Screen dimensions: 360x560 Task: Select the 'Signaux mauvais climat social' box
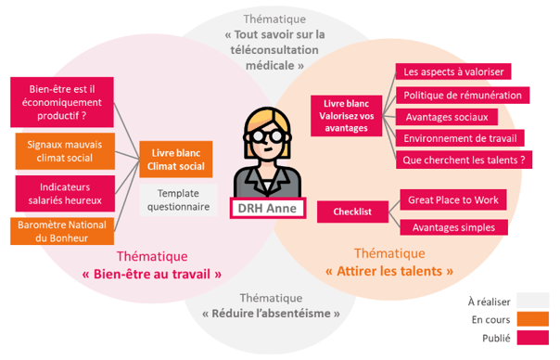pos(65,151)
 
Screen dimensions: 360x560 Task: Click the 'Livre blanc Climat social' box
pos(176,159)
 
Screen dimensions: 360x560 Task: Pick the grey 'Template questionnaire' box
pos(176,200)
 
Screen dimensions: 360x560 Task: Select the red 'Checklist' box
pos(352,212)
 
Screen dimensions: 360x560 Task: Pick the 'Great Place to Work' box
pos(454,199)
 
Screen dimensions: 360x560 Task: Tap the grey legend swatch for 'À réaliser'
pos(532,300)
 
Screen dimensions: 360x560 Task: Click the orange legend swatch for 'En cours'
pos(532,320)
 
